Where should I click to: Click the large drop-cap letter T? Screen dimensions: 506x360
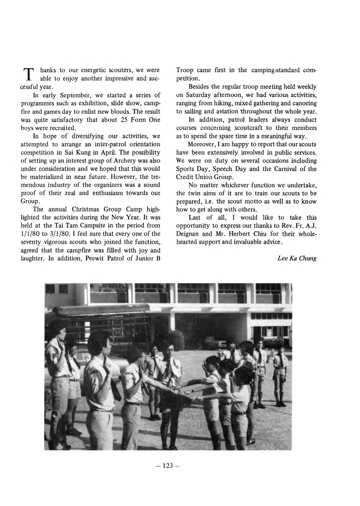[28, 74]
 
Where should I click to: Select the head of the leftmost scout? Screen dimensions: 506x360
[56, 329]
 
